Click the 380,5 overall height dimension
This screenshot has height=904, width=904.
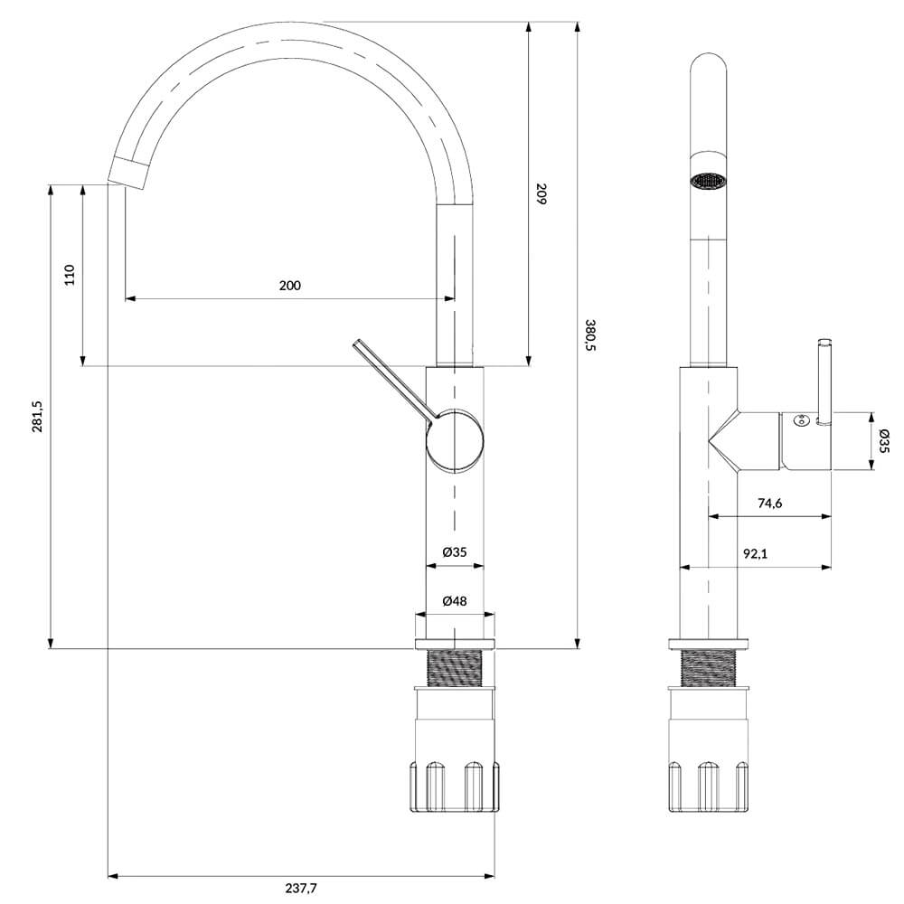[x=589, y=335]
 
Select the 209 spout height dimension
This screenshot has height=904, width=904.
[x=541, y=193]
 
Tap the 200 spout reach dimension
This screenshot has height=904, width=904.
[x=290, y=286]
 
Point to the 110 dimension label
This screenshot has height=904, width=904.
[x=70, y=275]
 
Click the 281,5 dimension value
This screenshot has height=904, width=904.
[x=37, y=416]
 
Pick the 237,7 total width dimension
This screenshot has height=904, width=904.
[x=301, y=888]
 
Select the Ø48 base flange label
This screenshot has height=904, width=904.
[x=455, y=601]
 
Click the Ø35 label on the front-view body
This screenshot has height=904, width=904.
[x=455, y=552]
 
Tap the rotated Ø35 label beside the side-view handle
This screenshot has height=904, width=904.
[x=884, y=441]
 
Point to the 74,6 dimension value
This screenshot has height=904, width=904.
[x=769, y=504]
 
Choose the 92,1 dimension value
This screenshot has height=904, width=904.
[x=755, y=553]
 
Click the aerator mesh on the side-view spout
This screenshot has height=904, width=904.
[x=708, y=181]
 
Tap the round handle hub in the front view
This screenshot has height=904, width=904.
[x=455, y=442]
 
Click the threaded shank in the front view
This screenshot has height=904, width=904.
[x=455, y=668]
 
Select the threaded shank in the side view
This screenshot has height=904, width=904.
[x=709, y=668]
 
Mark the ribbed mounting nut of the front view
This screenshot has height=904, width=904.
[x=455, y=786]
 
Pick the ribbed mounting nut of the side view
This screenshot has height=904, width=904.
[x=709, y=786]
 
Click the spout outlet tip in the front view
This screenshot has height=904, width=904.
[x=129, y=173]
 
